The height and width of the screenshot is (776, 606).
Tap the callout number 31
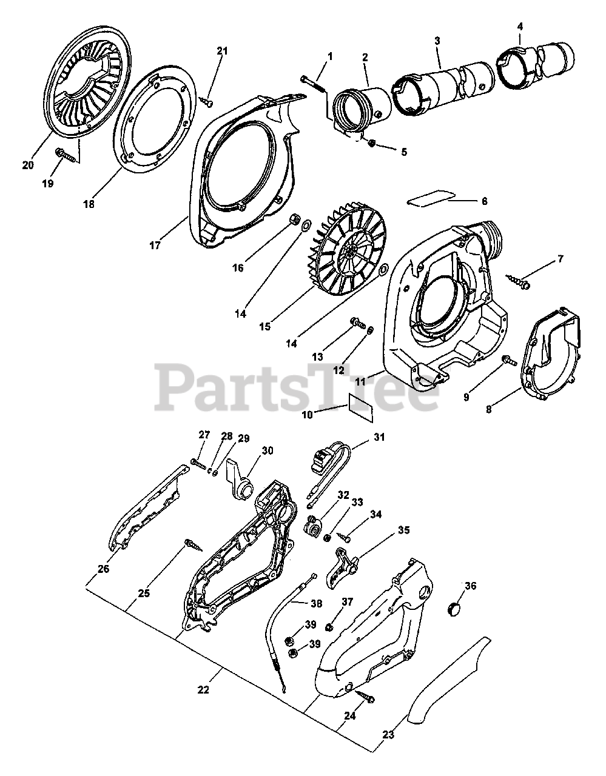click(379, 436)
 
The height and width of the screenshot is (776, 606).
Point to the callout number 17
click(155, 245)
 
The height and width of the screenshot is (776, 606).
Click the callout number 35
click(403, 530)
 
